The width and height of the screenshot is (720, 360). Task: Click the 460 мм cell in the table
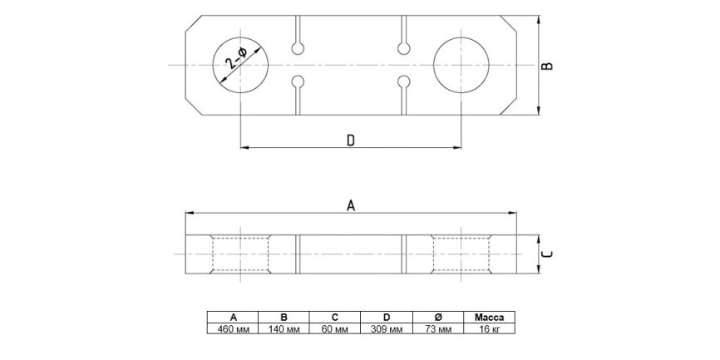233,328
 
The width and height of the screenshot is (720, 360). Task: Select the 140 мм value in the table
284,328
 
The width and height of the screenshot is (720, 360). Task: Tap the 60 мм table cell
335,328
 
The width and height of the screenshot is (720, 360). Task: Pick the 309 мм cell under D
387,328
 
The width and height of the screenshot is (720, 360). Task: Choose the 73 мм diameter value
438,328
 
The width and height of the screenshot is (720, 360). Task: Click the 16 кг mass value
489,328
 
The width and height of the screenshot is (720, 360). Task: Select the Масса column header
489,318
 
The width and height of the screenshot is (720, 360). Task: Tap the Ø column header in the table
438,318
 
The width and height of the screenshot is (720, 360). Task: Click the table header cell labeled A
233,318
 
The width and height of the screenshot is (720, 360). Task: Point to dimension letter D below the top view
351,141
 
